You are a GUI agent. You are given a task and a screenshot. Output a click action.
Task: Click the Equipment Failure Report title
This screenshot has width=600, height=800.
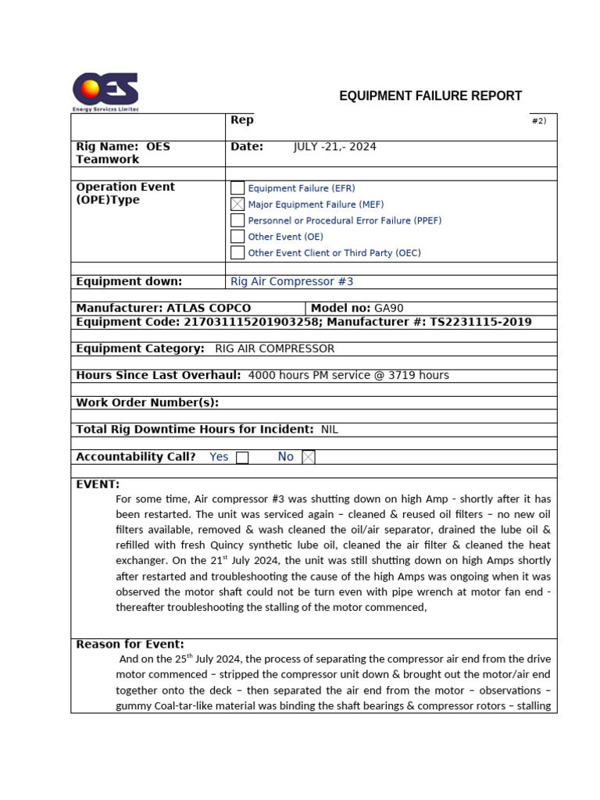pyautogui.click(x=430, y=96)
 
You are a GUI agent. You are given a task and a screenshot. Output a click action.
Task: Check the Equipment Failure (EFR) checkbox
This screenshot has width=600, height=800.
pyautogui.click(x=237, y=188)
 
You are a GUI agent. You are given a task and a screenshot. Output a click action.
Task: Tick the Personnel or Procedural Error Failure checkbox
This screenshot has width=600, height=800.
pyautogui.click(x=237, y=220)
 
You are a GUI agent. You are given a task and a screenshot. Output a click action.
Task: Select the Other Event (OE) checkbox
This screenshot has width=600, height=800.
pyautogui.click(x=237, y=237)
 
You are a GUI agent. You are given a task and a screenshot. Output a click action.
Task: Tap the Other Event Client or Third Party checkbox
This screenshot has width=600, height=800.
pyautogui.click(x=237, y=253)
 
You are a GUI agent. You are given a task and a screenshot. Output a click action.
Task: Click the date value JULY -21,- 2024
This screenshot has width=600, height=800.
pyautogui.click(x=334, y=147)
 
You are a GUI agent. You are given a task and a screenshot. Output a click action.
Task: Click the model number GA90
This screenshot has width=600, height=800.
pyautogui.click(x=389, y=309)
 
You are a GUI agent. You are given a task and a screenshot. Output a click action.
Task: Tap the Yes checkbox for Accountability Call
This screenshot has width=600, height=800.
pyautogui.click(x=242, y=458)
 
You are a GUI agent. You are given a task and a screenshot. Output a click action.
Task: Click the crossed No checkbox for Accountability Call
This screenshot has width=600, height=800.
pyautogui.click(x=309, y=458)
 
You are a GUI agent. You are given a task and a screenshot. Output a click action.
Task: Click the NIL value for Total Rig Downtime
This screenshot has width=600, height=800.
pyautogui.click(x=330, y=430)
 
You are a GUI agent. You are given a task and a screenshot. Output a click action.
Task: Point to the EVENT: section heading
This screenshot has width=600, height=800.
pyautogui.click(x=98, y=484)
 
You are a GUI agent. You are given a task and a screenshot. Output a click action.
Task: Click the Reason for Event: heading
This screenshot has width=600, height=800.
pyautogui.click(x=130, y=645)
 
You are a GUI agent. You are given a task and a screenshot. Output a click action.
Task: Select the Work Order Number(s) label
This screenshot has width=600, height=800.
pyautogui.click(x=147, y=403)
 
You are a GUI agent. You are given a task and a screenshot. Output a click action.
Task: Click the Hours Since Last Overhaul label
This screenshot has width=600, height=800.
pyautogui.click(x=159, y=376)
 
